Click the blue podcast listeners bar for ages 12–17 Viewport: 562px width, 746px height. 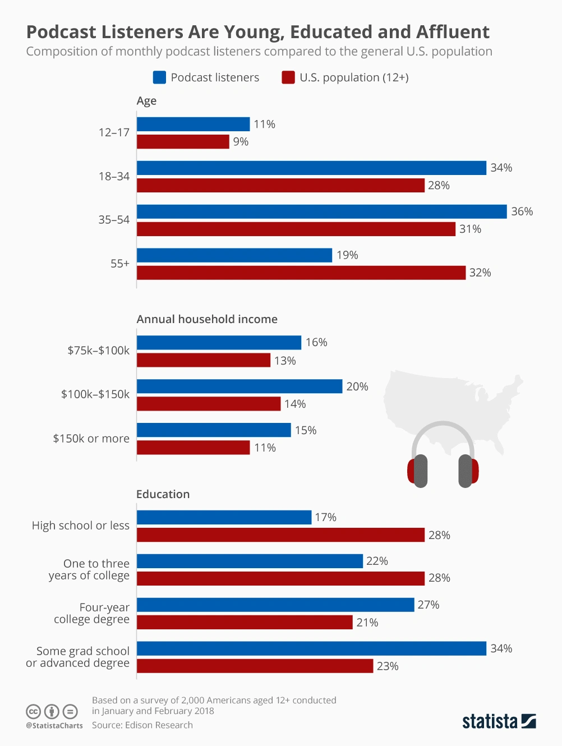[193, 124]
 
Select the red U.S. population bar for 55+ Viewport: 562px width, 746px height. [301, 273]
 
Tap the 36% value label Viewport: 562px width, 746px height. [522, 211]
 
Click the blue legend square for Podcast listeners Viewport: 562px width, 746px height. [159, 77]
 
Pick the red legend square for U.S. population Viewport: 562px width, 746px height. [288, 77]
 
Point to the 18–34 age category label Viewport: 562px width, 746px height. [114, 176]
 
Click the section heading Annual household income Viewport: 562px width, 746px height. [207, 319]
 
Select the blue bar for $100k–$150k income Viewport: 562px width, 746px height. [239, 386]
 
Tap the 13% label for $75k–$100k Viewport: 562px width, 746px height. [285, 361]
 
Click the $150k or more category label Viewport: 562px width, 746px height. [91, 439]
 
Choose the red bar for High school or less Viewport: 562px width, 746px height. [280, 535]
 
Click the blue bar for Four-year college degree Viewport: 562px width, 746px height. [275, 605]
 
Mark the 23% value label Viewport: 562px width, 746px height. [388, 666]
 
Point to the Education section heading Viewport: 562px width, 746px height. [163, 494]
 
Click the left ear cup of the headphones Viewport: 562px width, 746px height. [418, 471]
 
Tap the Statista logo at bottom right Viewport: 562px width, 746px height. [499, 721]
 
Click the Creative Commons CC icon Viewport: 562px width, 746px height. [34, 712]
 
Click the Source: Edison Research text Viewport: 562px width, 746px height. [142, 725]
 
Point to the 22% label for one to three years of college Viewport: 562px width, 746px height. [377, 561]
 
